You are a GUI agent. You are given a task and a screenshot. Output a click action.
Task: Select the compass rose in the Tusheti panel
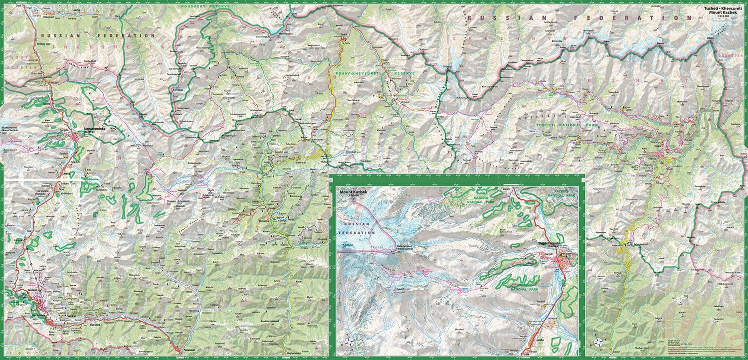pyautogui.click(x=597, y=343)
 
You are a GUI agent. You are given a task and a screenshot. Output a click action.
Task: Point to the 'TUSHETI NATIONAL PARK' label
pyautogui.click(x=567, y=126)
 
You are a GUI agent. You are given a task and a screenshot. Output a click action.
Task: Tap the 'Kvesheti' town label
pyautogui.click(x=96, y=325)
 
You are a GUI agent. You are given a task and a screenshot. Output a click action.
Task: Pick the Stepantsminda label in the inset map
pyautogui.click(x=551, y=244)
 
